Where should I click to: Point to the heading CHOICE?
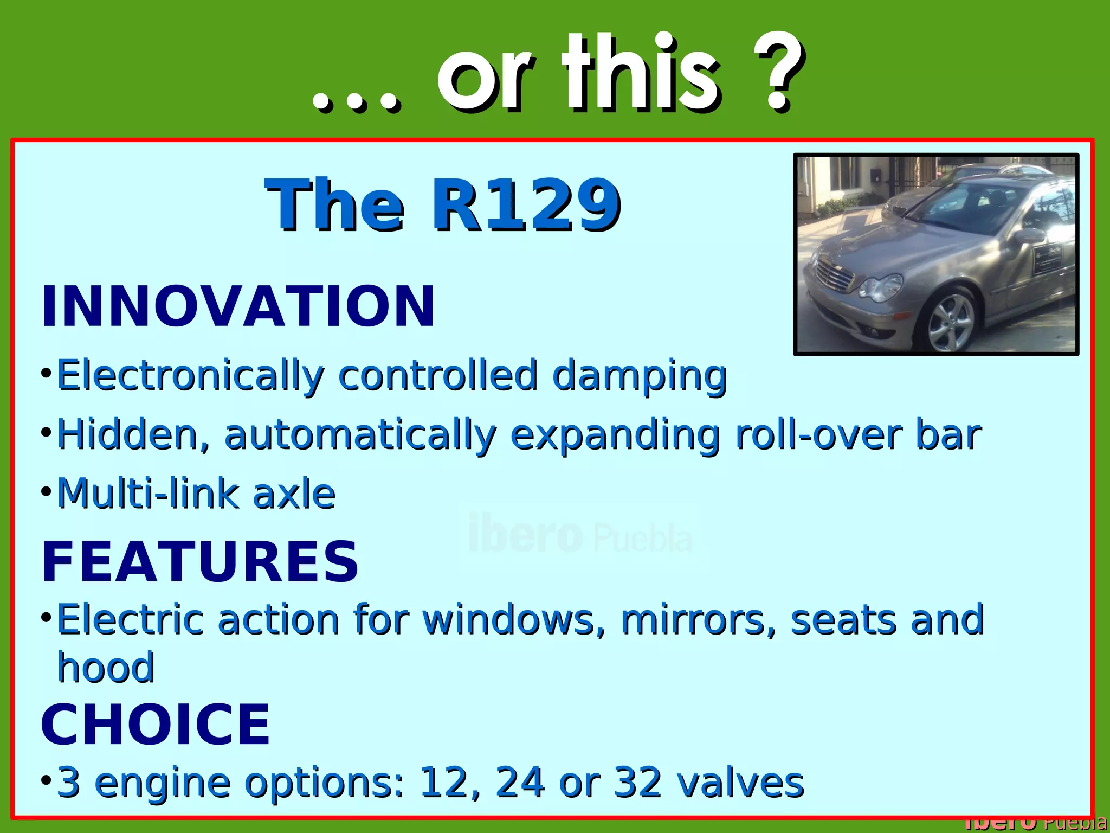[x=156, y=725]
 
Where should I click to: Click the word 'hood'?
[x=106, y=668]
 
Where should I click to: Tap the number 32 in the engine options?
[x=637, y=783]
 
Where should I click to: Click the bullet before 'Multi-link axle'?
[x=46, y=492]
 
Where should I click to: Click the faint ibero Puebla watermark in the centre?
[x=580, y=535]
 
